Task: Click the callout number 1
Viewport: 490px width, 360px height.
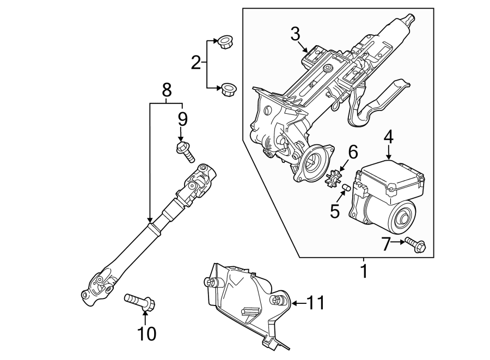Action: (364, 271)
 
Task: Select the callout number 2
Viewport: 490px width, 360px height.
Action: (196, 63)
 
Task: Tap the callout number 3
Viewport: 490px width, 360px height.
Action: (295, 34)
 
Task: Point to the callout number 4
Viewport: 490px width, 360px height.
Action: (389, 137)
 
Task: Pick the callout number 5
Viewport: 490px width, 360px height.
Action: (335, 211)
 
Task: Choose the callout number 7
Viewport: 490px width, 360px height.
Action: (386, 245)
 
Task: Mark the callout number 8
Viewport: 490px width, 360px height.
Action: (167, 90)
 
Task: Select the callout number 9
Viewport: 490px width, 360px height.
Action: (182, 119)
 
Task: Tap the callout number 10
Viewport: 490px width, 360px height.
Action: (146, 334)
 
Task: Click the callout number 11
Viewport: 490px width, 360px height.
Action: (315, 302)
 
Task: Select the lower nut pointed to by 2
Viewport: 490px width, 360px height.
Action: (228, 89)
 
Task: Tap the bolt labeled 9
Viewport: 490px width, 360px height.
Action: (186, 151)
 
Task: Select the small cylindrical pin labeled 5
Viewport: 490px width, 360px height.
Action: (346, 187)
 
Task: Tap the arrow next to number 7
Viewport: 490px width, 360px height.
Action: (398, 242)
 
